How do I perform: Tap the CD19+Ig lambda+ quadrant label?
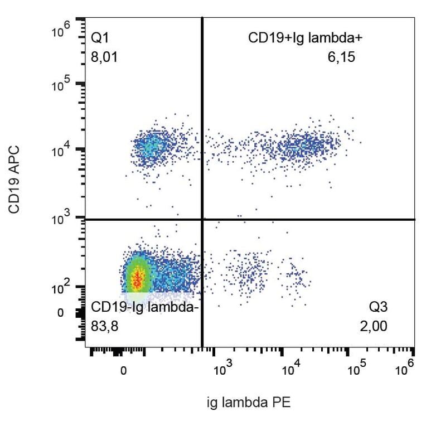coord(306,38)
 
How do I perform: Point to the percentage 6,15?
coord(341,57)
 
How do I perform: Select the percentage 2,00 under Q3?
coord(373,326)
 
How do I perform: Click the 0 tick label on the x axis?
coord(123,370)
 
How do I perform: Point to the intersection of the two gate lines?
coord(202,219)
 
